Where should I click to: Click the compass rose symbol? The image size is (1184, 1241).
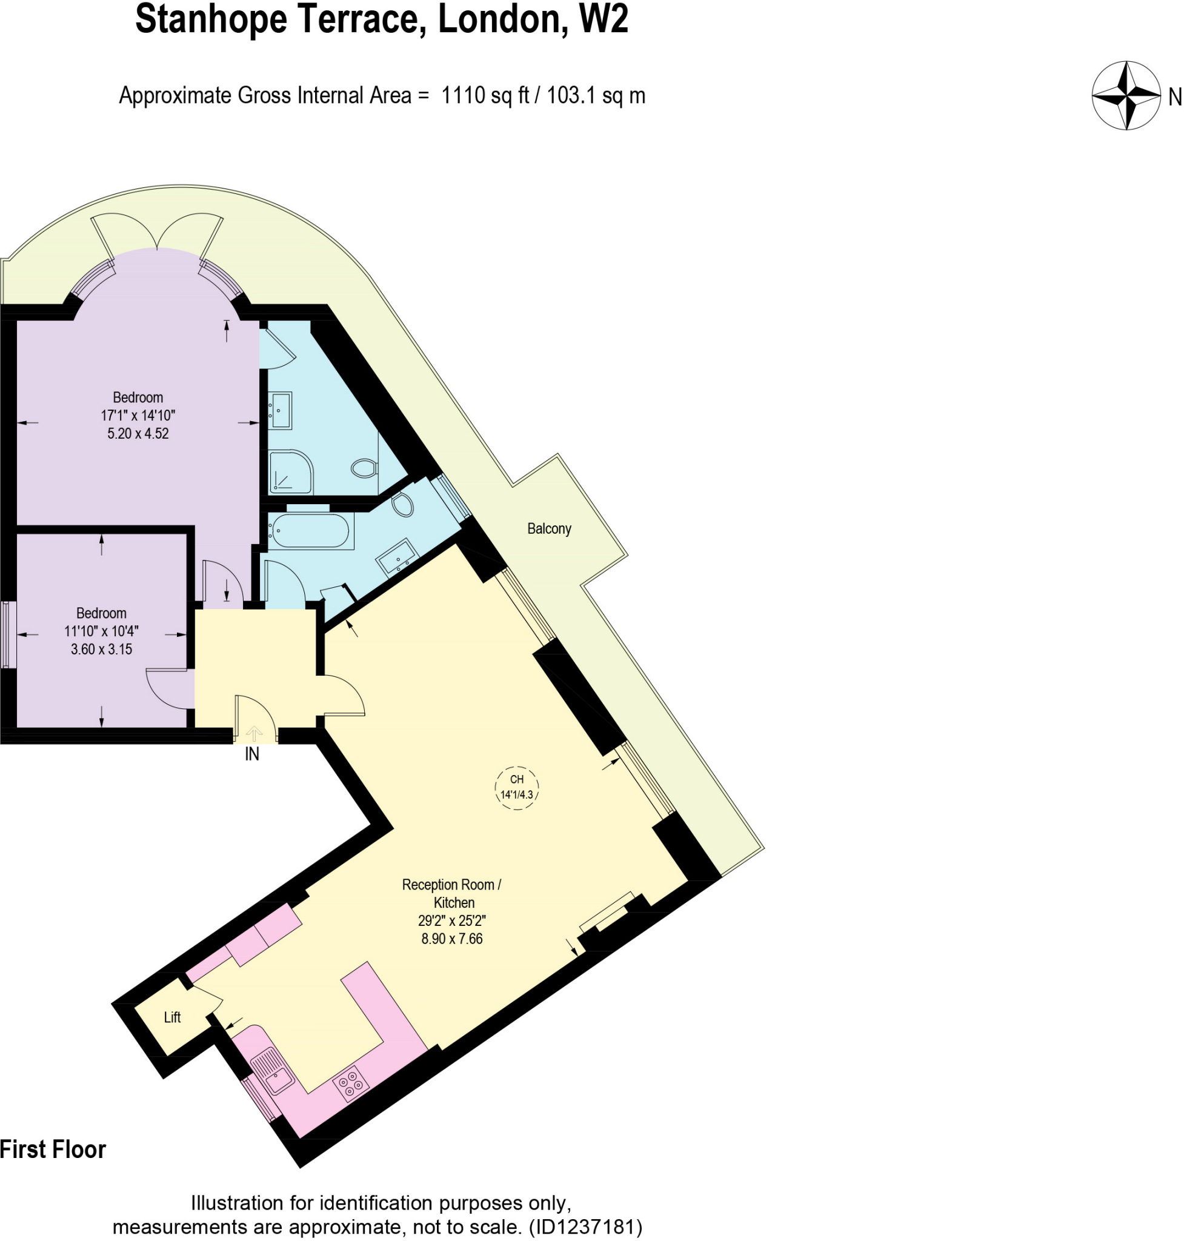pyautogui.click(x=1126, y=96)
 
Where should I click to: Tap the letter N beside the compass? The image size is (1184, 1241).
pyautogui.click(x=1174, y=97)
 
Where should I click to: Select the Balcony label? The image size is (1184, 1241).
pyautogui.click(x=549, y=529)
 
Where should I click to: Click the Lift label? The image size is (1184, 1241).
pyautogui.click(x=171, y=1017)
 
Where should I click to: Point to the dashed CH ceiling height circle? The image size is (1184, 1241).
pyautogui.click(x=517, y=787)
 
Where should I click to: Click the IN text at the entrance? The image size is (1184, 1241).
pyautogui.click(x=252, y=754)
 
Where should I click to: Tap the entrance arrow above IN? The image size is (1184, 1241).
pyautogui.click(x=254, y=733)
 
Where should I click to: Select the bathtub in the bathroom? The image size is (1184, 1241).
pyautogui.click(x=308, y=530)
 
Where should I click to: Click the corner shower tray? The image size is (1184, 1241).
pyautogui.click(x=291, y=472)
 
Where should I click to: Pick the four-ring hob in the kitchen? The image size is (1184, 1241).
pyautogui.click(x=351, y=1084)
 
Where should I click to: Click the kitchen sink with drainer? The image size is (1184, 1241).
pyautogui.click(x=273, y=1071)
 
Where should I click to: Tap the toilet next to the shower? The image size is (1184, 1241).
pyautogui.click(x=364, y=468)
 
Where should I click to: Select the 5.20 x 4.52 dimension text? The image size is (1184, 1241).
pyautogui.click(x=138, y=434)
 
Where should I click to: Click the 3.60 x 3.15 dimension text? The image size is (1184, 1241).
pyautogui.click(x=101, y=650)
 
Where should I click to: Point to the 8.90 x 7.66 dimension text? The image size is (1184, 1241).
pyautogui.click(x=452, y=939)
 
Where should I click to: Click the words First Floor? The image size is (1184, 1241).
pyautogui.click(x=53, y=1150)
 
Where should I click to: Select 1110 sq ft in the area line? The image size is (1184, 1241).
pyautogui.click(x=485, y=95)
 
